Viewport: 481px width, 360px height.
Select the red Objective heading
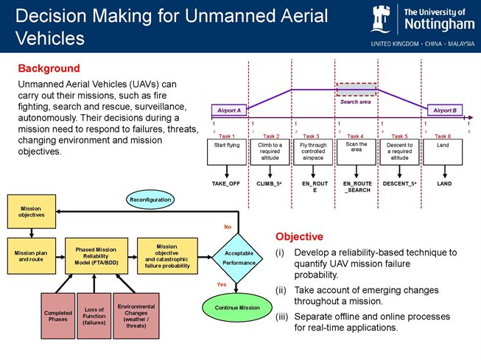pos(299,236)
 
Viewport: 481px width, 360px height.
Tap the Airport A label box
pos(230,110)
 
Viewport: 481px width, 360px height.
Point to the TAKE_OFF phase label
pos(228,181)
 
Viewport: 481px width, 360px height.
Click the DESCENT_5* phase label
pos(399,181)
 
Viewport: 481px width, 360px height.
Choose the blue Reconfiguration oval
pos(150,199)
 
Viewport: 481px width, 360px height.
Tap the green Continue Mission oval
pos(238,308)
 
